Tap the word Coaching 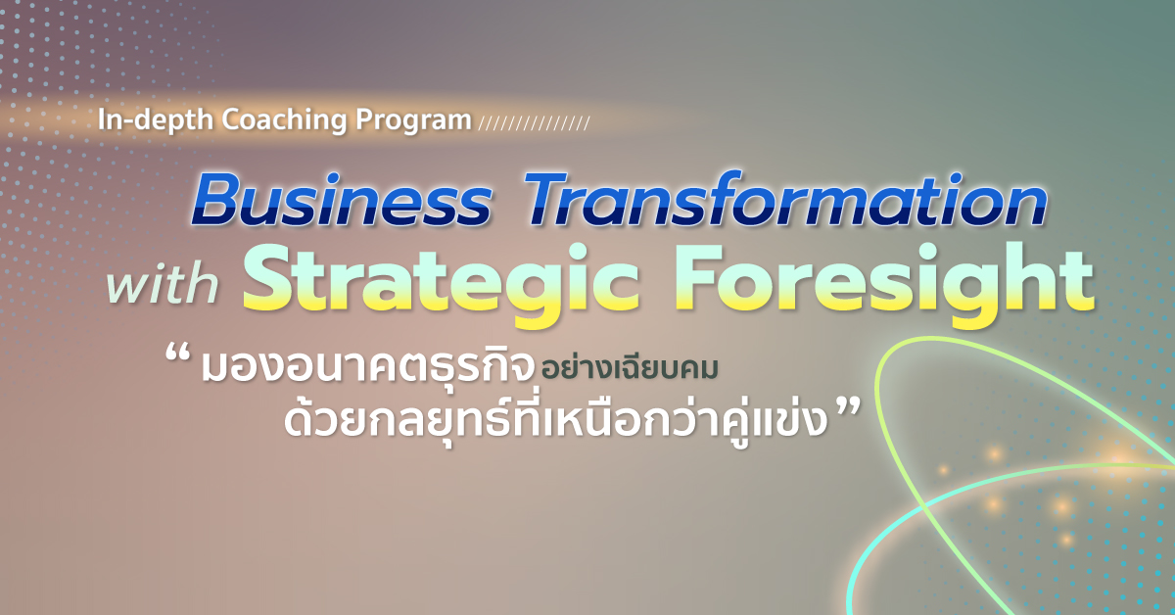(285, 119)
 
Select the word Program (413, 121)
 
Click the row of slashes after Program (535, 123)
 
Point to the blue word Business (342, 200)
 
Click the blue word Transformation (785, 199)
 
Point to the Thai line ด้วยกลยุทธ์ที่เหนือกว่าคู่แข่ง (556, 420)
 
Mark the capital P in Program (364, 119)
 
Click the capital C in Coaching (232, 119)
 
